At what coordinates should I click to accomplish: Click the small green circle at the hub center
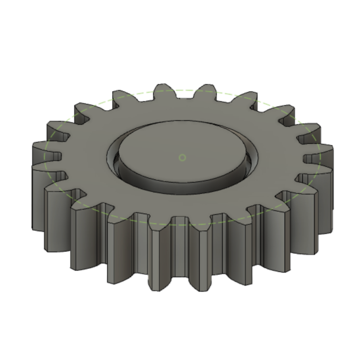[x=182, y=158]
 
